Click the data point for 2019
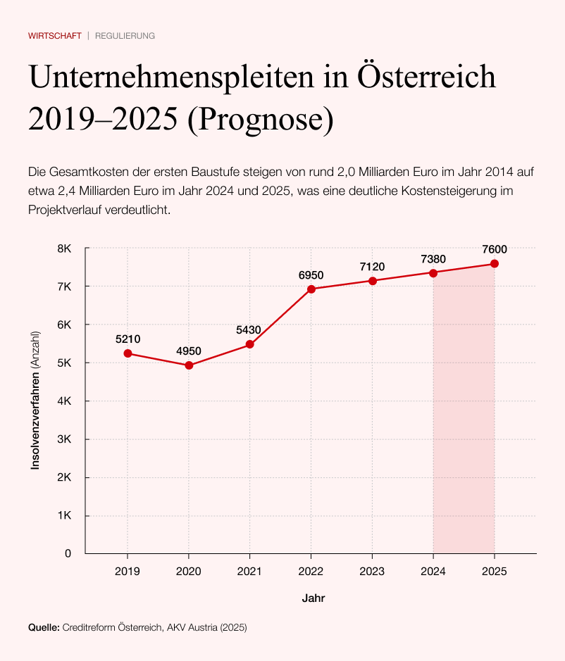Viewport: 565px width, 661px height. click(x=128, y=353)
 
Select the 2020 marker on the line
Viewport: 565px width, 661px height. click(x=189, y=365)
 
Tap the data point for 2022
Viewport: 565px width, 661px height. click(x=311, y=289)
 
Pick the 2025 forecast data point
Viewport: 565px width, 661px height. click(x=495, y=264)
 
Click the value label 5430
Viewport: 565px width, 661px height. click(x=249, y=329)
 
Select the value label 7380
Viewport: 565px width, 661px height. click(x=433, y=259)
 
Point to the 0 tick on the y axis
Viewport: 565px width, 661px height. click(x=68, y=553)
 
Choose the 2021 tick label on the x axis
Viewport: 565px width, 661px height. click(x=249, y=571)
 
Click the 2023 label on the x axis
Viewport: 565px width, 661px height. click(x=372, y=571)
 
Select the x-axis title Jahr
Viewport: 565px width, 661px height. click(x=313, y=598)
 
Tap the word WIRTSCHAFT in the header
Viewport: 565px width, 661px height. click(x=55, y=35)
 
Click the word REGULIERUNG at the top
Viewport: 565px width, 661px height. click(x=125, y=35)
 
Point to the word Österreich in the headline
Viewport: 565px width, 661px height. click(x=426, y=77)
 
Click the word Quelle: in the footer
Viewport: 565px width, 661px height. click(x=44, y=627)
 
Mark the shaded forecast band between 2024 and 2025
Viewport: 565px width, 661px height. click(x=464, y=422)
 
